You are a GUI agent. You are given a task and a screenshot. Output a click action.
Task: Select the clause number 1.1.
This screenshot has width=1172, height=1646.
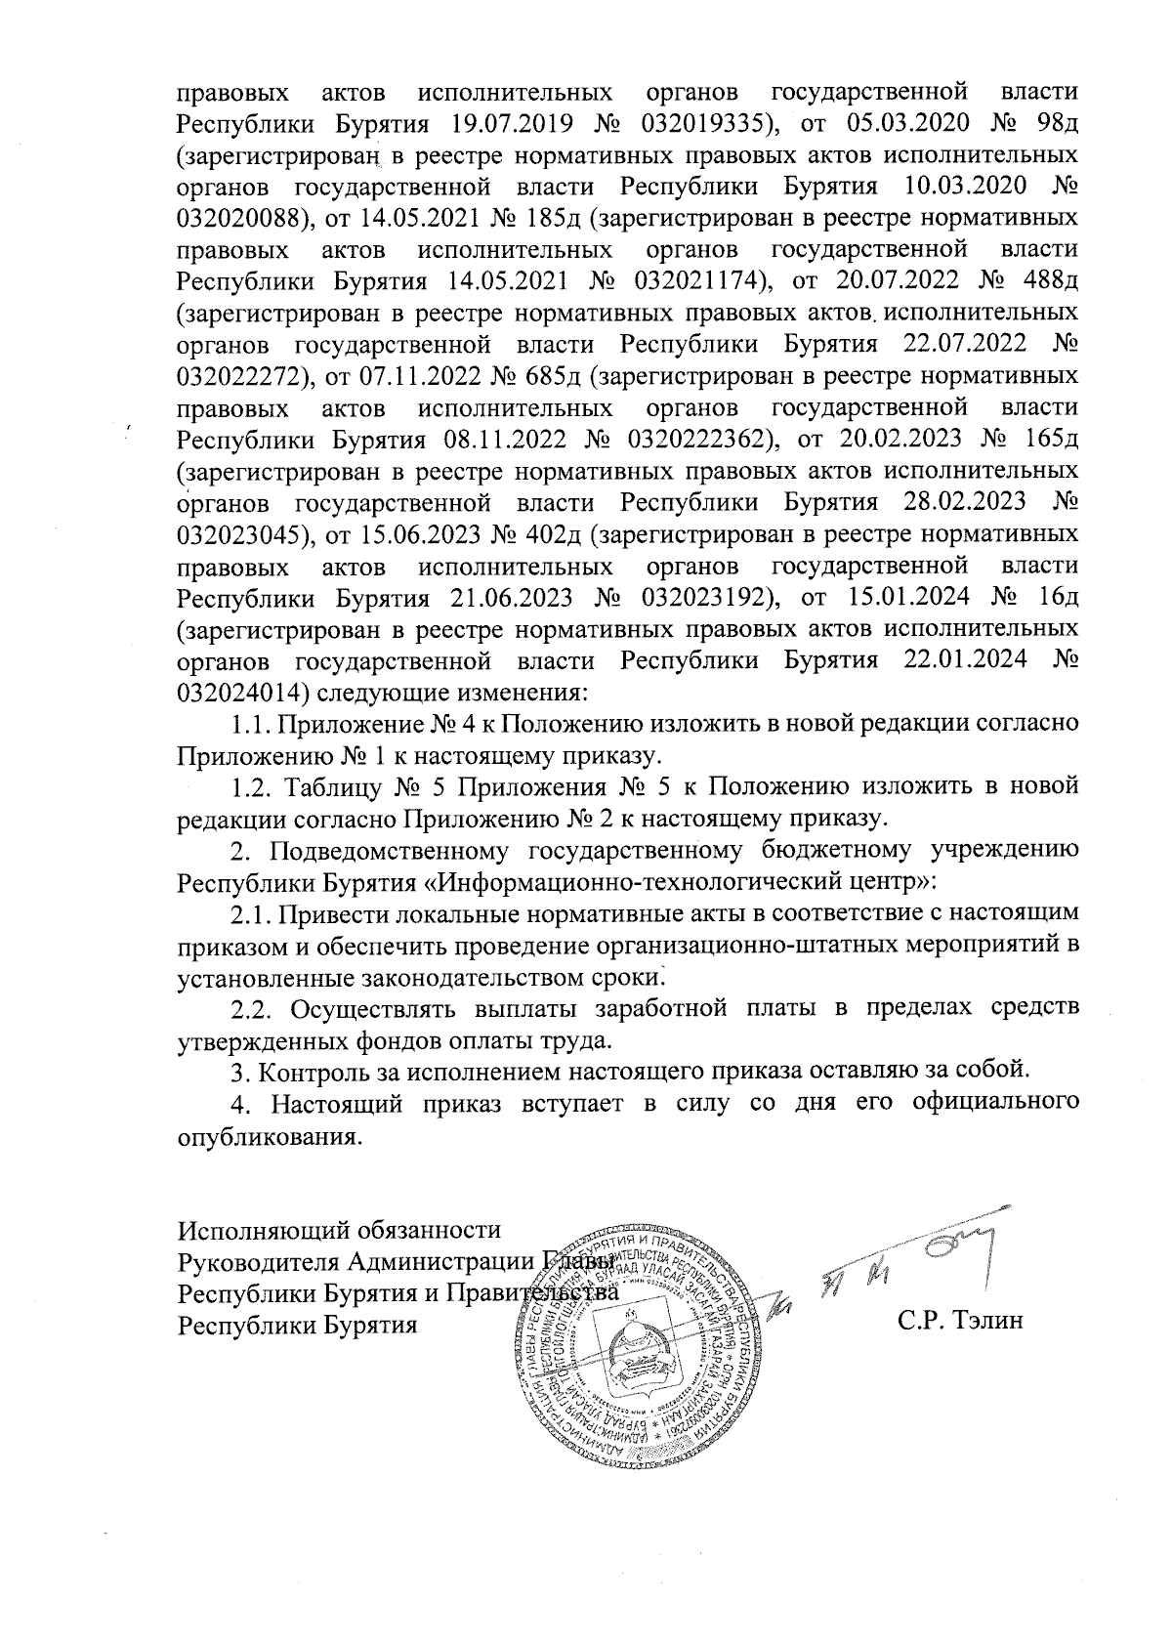[x=249, y=724]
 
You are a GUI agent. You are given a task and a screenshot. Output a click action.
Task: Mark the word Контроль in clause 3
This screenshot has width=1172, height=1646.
[x=314, y=1072]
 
